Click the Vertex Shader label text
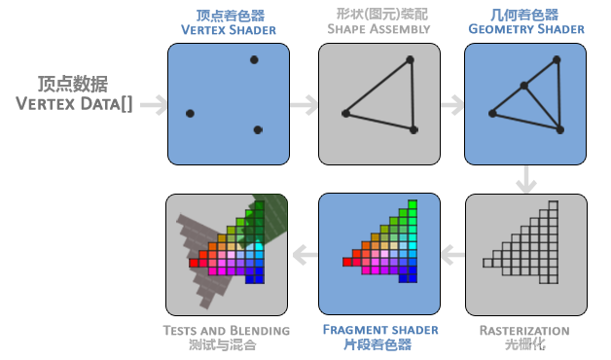(228, 29)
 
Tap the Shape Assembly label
(378, 29)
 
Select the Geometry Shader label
(525, 29)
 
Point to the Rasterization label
(523, 331)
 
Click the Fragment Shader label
(379, 330)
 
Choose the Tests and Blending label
(226, 331)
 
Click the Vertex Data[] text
(75, 103)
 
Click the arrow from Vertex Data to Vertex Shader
(153, 104)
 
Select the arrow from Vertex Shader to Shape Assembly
(305, 104)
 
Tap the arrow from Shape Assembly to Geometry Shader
(451, 104)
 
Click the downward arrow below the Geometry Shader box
(526, 179)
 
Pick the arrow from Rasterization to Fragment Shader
(451, 255)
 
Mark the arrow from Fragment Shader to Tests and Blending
(305, 255)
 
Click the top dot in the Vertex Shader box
(254, 60)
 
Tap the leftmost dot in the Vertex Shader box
(190, 114)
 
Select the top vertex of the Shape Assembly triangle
(411, 60)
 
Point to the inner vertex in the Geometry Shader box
(523, 86)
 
